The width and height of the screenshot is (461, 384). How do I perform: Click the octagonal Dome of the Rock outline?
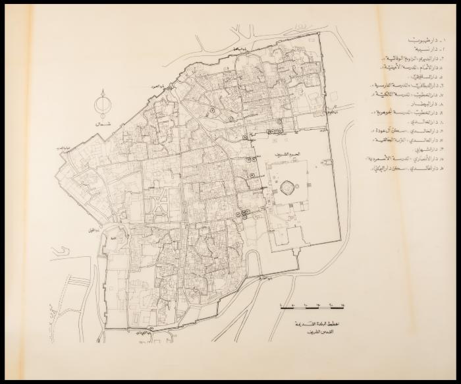[x=287, y=188]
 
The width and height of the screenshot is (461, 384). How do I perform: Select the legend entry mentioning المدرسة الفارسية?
[x=412, y=86]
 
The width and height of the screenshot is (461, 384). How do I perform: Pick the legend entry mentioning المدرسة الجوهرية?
[x=412, y=112]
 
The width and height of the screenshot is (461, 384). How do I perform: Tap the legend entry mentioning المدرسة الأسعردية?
[x=412, y=159]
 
